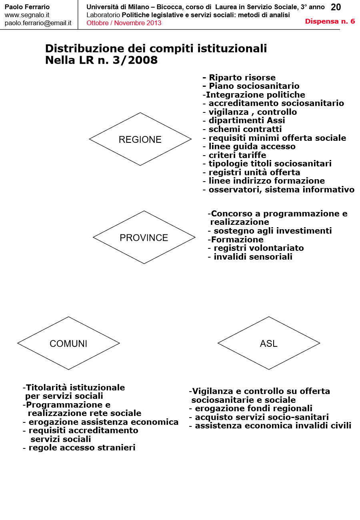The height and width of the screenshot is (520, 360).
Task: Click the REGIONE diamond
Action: click(140, 139)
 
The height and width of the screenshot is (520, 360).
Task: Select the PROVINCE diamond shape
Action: click(144, 238)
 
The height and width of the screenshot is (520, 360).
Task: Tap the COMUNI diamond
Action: click(68, 343)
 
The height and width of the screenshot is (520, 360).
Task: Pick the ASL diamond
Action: click(268, 343)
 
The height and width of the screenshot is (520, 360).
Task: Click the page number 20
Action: click(336, 7)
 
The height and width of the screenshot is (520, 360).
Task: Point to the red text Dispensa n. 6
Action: click(330, 21)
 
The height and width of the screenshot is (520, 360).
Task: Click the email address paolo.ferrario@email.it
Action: click(38, 23)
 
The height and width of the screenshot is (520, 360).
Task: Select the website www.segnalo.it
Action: click(27, 15)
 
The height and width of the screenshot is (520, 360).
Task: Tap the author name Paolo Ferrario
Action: click(27, 7)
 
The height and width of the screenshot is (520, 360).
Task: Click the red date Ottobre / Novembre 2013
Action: click(124, 23)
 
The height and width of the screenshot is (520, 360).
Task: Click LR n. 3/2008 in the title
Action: click(116, 60)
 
